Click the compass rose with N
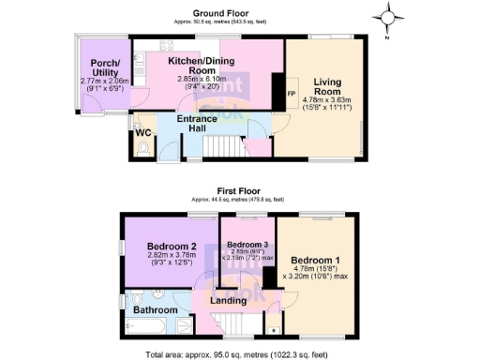pyautogui.click(x=388, y=18)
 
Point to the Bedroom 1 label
pyautogui.click(x=314, y=259)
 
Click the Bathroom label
pyautogui.click(x=154, y=308)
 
